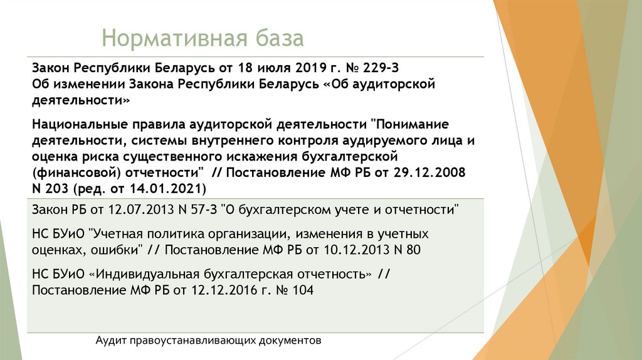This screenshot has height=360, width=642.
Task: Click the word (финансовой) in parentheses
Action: [73, 172]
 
